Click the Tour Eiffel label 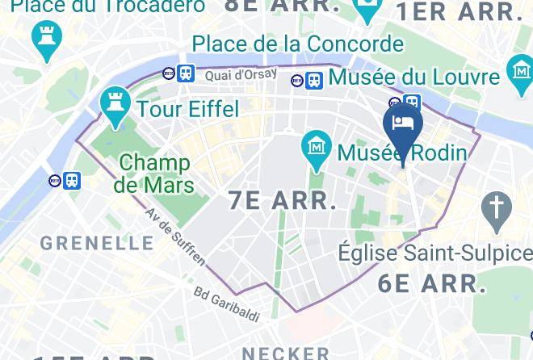[x=188, y=108]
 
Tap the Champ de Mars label [x=154, y=174]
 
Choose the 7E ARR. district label [x=283, y=200]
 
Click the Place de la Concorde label [x=297, y=43]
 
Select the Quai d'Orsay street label [x=241, y=74]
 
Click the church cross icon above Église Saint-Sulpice [x=493, y=208]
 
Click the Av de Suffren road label [x=176, y=237]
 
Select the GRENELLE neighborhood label [x=97, y=242]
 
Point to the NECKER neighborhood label [x=286, y=353]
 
